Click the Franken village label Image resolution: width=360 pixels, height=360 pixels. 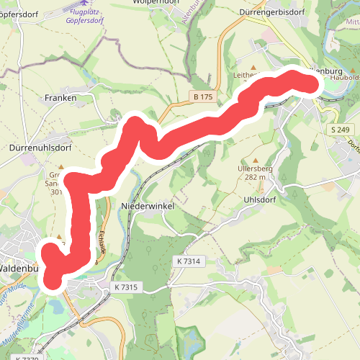(60, 97)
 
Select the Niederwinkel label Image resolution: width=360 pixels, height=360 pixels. (148, 205)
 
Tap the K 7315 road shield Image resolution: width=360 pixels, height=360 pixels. (125, 287)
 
